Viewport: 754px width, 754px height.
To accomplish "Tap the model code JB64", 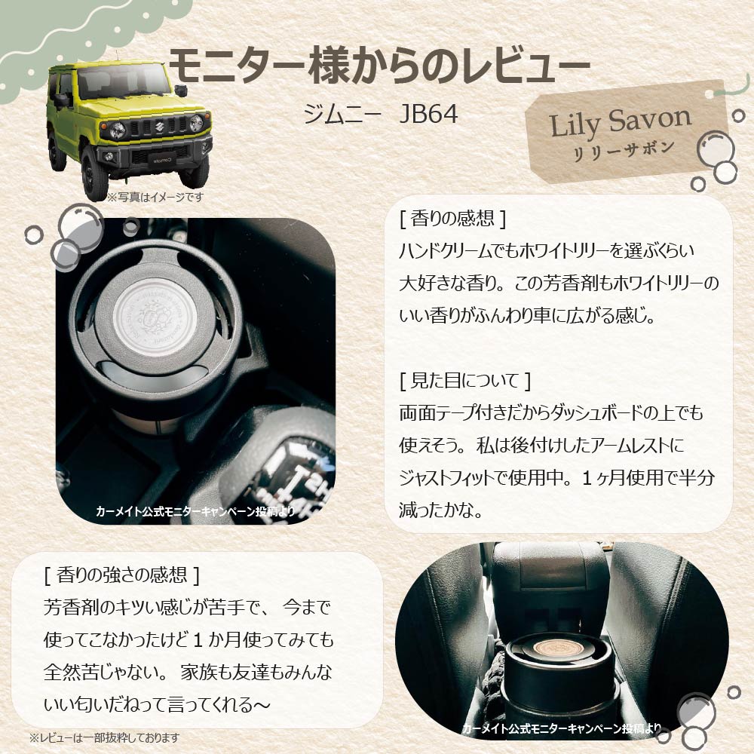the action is click(x=428, y=114).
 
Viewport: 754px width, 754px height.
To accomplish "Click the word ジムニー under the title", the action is click(x=342, y=115).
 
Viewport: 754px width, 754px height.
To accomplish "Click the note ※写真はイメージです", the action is click(x=155, y=197).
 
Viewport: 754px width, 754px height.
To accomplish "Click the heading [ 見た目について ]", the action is click(x=465, y=380).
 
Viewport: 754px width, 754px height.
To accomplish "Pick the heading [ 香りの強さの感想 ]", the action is click(x=121, y=574).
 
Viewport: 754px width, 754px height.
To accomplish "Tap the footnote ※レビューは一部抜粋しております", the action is click(x=104, y=738).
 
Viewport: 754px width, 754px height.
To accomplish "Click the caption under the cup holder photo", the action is click(x=195, y=510).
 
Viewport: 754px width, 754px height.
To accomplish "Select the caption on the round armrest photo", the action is click(x=562, y=729).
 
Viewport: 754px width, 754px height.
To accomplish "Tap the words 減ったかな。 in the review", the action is click(x=441, y=510).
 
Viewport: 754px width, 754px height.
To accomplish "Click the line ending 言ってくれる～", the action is click(x=158, y=704).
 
